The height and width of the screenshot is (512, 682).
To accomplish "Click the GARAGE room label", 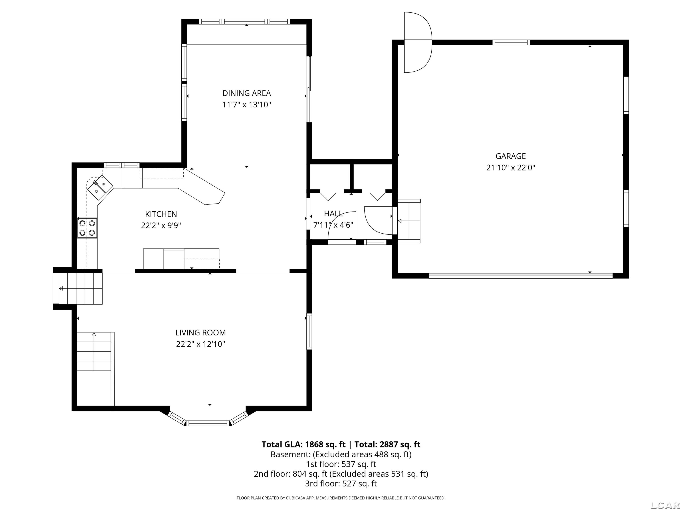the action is [x=511, y=156].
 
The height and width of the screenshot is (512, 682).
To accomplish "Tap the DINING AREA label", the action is [x=247, y=93].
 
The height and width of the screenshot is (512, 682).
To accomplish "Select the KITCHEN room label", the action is [x=161, y=214].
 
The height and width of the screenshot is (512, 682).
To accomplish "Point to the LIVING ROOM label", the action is [x=201, y=333].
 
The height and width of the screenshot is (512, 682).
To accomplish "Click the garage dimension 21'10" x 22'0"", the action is [x=511, y=168].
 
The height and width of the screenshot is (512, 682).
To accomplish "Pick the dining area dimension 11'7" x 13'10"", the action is [x=247, y=105].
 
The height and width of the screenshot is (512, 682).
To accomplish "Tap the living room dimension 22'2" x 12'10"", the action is [x=201, y=344].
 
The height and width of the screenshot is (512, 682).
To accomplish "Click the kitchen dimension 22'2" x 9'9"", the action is [x=161, y=226].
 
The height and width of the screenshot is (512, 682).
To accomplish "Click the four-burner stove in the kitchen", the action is [x=87, y=228].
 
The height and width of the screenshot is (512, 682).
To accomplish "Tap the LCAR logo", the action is [x=665, y=505].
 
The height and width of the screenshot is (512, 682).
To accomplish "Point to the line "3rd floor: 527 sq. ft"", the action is [x=341, y=484].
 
